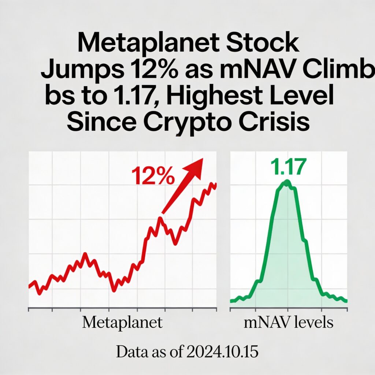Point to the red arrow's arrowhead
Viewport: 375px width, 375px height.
pos(196,164)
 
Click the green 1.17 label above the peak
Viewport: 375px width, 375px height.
pos(287,168)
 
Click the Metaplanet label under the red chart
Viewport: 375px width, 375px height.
pos(122,323)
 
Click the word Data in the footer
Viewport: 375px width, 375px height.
pos(131,352)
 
